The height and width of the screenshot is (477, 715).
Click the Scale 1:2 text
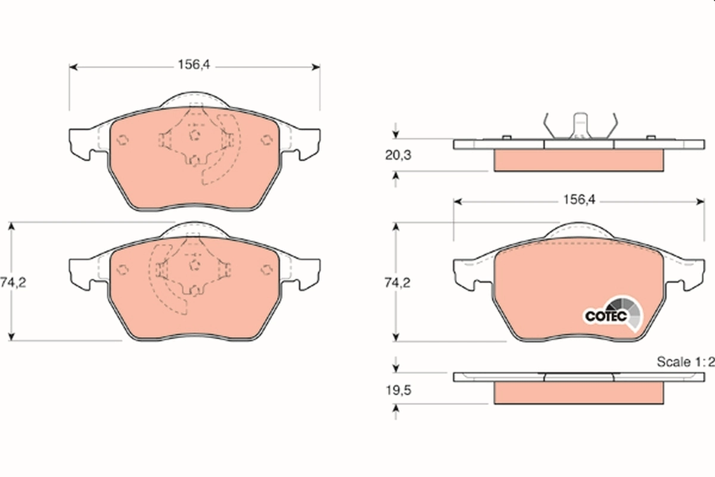coord(685,362)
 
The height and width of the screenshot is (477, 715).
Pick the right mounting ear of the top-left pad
coord(307,144)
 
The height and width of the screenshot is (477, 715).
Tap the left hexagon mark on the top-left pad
coord(122,140)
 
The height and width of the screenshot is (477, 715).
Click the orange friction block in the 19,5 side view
coord(579,392)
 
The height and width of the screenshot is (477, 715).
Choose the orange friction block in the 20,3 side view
coord(579,160)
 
